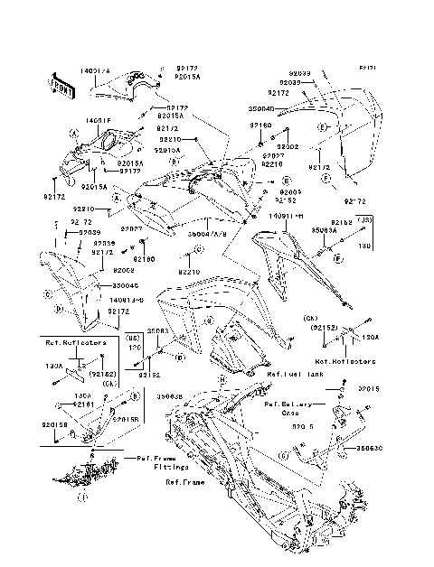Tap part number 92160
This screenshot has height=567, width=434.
point(260,126)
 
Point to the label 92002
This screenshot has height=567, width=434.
point(288,146)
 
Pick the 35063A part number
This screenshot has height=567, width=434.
point(324,230)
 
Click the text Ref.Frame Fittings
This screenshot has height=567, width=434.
point(150,463)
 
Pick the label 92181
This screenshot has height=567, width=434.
point(85,404)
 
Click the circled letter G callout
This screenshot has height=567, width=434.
point(283,458)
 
